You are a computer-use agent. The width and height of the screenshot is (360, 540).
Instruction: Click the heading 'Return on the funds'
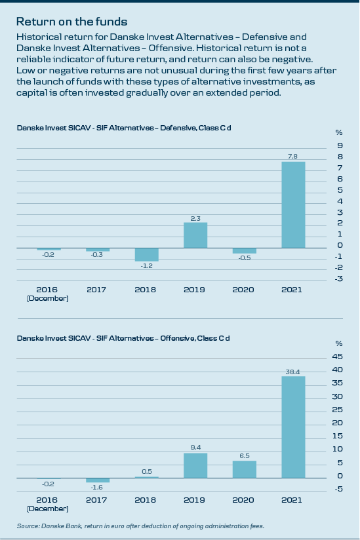click(71, 22)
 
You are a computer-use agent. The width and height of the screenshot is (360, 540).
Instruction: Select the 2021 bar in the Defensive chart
click(293, 204)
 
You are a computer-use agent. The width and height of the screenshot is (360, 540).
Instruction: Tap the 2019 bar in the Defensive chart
click(195, 235)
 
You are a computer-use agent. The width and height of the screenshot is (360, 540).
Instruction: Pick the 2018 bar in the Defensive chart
click(146, 254)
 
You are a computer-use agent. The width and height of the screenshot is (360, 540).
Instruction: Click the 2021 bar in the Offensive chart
click(293, 427)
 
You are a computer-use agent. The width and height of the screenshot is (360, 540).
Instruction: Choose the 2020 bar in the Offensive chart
click(244, 469)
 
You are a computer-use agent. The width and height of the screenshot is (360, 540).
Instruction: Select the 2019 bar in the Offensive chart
click(195, 465)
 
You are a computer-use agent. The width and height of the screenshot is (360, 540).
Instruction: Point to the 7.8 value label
click(292, 157)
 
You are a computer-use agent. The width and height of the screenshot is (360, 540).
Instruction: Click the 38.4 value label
click(293, 372)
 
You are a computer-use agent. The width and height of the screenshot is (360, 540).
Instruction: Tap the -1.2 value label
click(147, 266)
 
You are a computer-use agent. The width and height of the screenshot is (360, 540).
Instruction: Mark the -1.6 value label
click(97, 488)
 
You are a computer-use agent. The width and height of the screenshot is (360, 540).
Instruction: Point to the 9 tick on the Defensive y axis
click(340, 145)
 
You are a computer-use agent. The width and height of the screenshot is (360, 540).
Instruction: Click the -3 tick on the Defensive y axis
click(338, 279)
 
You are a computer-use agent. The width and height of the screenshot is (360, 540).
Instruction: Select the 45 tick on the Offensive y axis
click(338, 357)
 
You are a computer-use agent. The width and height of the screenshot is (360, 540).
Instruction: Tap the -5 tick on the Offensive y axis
click(338, 489)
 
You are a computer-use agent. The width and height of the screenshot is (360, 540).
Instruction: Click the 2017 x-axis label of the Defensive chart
click(96, 290)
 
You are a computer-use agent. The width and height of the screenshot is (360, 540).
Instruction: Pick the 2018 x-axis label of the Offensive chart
click(146, 500)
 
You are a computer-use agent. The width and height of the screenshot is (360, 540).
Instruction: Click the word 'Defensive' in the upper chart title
click(178, 128)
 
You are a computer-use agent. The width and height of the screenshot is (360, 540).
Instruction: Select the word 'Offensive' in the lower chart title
click(178, 339)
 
